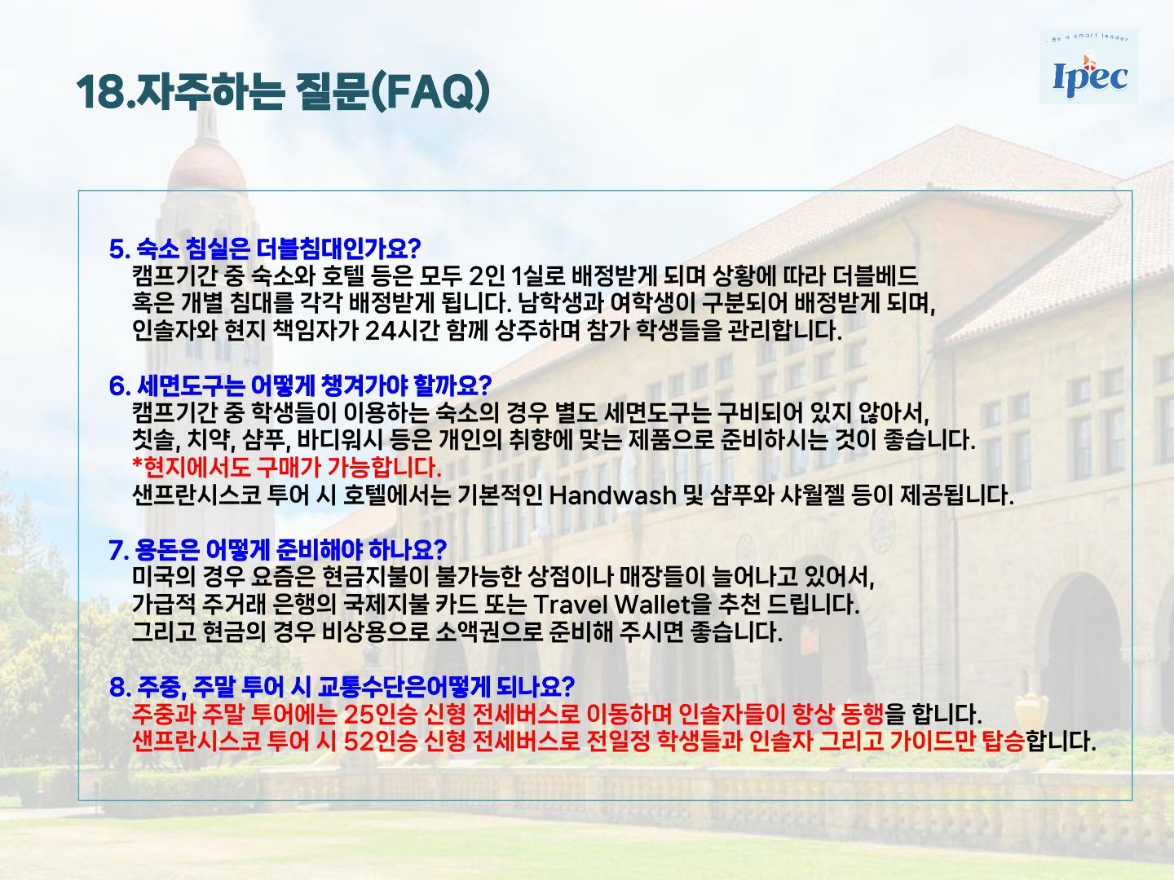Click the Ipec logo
[1089, 68]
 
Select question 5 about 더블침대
[265, 249]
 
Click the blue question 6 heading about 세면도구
[300, 385]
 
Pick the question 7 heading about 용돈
[277, 549]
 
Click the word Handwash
[612, 496]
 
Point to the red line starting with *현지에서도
[287, 468]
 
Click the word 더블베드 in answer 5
[876, 276]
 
